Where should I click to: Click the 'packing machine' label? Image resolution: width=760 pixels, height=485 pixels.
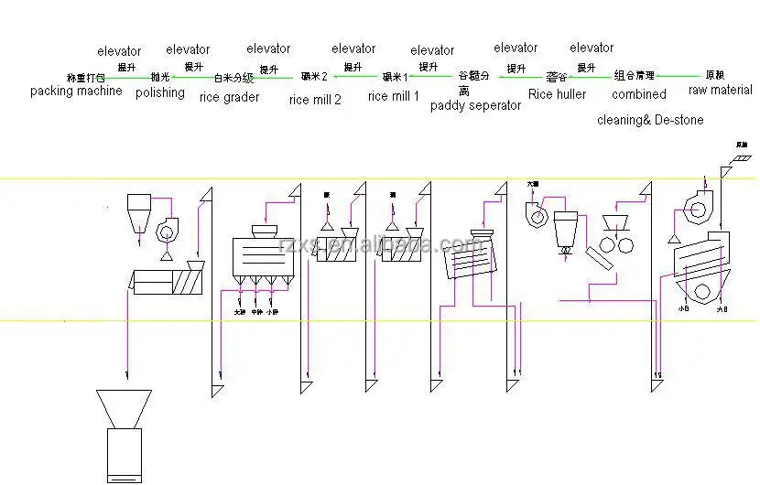[76, 92]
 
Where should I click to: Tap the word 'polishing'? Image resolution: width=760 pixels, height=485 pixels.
[160, 92]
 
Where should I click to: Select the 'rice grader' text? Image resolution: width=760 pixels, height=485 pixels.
[229, 98]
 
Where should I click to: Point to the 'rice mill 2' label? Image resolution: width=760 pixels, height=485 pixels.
[315, 100]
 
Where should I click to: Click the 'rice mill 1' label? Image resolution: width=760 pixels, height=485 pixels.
[394, 95]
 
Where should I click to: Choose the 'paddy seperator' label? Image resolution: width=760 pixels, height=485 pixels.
[475, 105]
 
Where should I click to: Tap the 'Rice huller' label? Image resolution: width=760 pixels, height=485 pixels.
[558, 93]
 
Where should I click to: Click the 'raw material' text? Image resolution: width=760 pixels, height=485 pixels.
[721, 91]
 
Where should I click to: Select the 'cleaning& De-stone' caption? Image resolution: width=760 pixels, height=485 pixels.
[650, 120]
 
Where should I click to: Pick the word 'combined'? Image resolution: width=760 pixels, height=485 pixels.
[639, 93]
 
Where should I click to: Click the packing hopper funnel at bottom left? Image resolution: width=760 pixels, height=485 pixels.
[124, 407]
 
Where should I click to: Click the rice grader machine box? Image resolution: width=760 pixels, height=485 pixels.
[266, 256]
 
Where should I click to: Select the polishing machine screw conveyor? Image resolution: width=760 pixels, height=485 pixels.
[170, 280]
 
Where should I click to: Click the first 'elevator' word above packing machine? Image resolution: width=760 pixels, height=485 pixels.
[119, 51]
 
